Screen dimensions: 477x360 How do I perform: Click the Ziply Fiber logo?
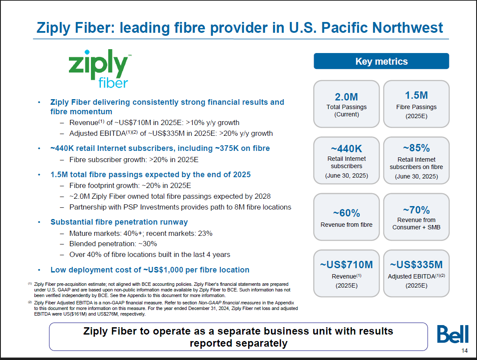point(100,69)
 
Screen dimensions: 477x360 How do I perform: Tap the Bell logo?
point(453,334)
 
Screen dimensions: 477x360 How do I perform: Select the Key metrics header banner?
point(381,61)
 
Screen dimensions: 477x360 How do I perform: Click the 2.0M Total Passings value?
point(346,97)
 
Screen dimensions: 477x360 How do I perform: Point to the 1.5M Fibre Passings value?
point(416,95)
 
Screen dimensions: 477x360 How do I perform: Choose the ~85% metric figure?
point(416,148)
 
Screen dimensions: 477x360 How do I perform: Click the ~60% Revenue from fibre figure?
point(346,213)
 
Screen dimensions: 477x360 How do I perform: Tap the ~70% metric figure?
point(416,210)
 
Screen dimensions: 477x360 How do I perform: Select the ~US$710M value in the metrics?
point(346,265)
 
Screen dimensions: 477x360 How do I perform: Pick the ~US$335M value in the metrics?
point(416,265)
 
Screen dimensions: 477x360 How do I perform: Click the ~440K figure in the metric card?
point(346,148)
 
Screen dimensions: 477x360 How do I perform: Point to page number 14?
point(465,351)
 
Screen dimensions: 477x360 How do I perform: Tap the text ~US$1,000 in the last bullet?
point(163,270)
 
